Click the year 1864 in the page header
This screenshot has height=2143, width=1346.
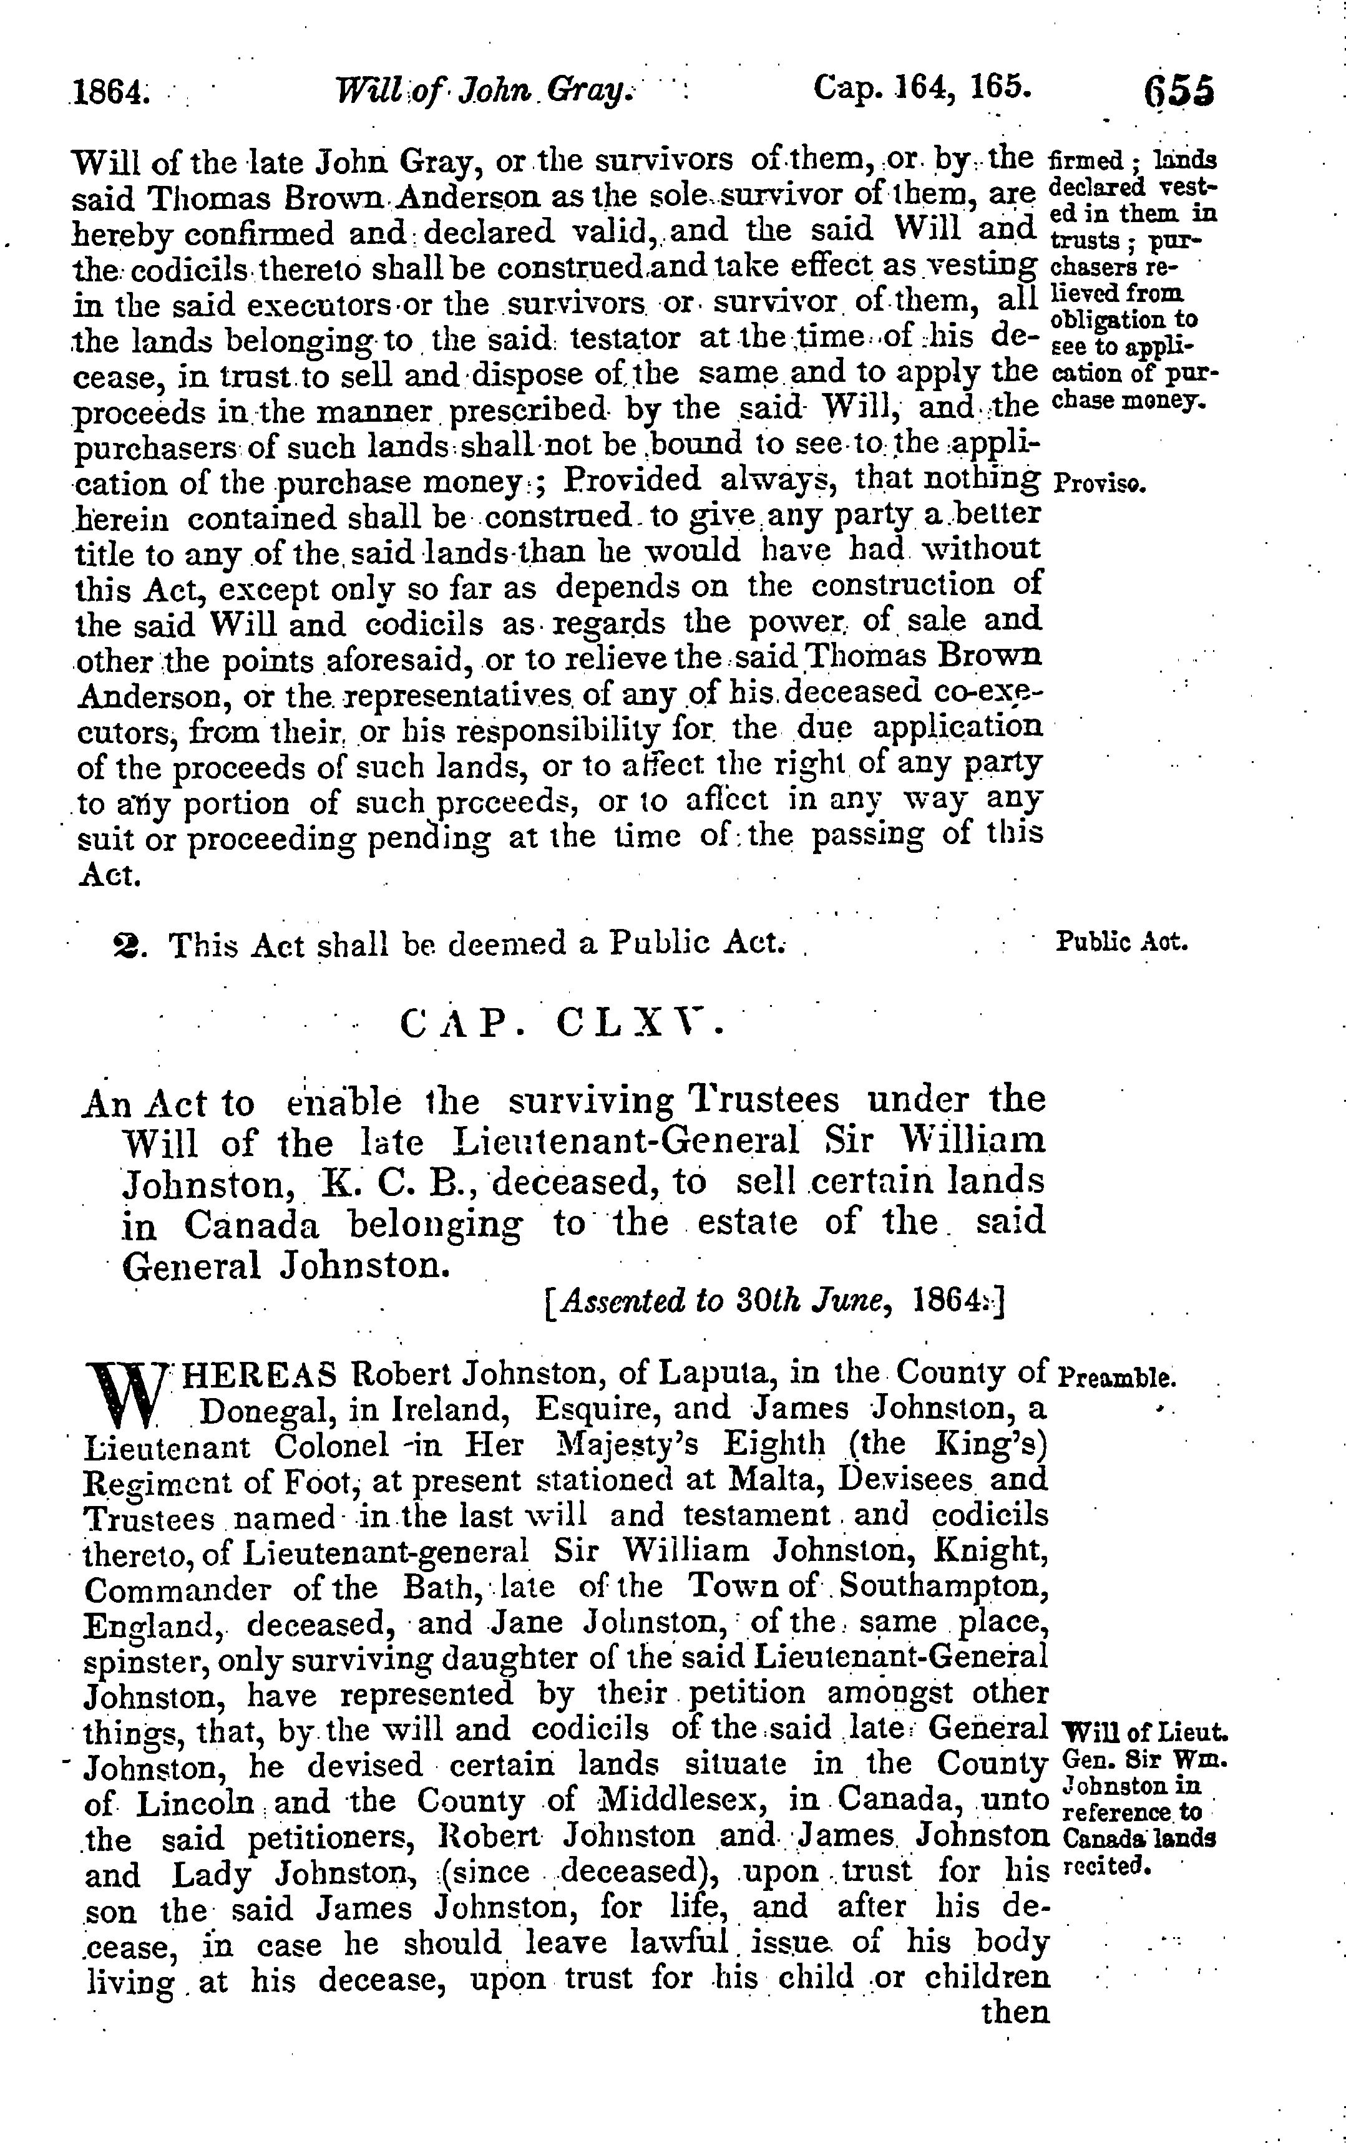(x=109, y=92)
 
